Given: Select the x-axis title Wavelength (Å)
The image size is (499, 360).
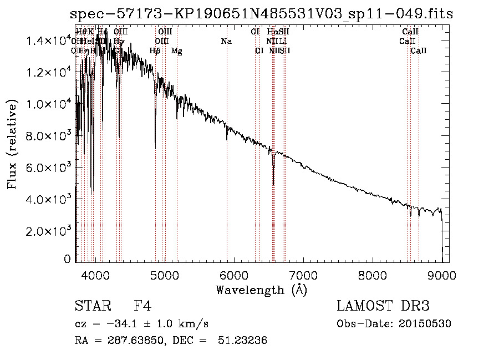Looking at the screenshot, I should pyautogui.click(x=261, y=290).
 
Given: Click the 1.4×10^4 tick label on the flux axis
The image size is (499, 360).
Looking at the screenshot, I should pyautogui.click(x=50, y=40).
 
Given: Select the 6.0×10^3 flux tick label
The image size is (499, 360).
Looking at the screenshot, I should pyautogui.click(x=50, y=168).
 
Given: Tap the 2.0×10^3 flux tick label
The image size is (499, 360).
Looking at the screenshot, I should pyautogui.click(x=50, y=231).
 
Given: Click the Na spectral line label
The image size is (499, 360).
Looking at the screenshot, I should pyautogui.click(x=226, y=42).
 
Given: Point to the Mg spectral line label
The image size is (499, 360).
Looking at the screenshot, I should pyautogui.click(x=176, y=51).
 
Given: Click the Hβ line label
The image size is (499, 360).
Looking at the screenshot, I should pyautogui.click(x=155, y=51).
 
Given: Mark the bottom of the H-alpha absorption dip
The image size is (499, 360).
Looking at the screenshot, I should pyautogui.click(x=273, y=184).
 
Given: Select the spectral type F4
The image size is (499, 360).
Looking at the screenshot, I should pyautogui.click(x=142, y=306).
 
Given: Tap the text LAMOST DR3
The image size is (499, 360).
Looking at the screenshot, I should pyautogui.click(x=383, y=306).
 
